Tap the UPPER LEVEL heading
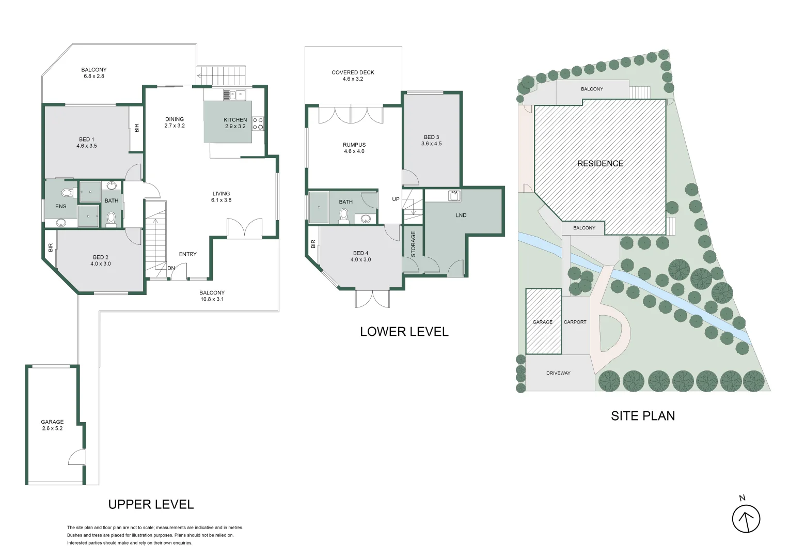pyautogui.click(x=151, y=504)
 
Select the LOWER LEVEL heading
pyautogui.click(x=404, y=331)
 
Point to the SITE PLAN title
pyautogui.click(x=643, y=416)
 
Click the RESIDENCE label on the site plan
pyautogui.click(x=600, y=164)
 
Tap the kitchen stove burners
pyautogui.click(x=258, y=123)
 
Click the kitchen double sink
pyautogui.click(x=235, y=95)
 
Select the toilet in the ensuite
pyautogui.click(x=67, y=193)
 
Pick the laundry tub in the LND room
pyautogui.click(x=454, y=196)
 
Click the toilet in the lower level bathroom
pyautogui.click(x=344, y=215)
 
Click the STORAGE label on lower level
pyautogui.click(x=413, y=244)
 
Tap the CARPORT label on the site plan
pyautogui.click(x=575, y=322)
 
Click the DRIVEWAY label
pyautogui.click(x=558, y=373)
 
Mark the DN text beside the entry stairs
pyautogui.click(x=171, y=268)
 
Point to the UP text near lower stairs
pyautogui.click(x=396, y=199)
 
